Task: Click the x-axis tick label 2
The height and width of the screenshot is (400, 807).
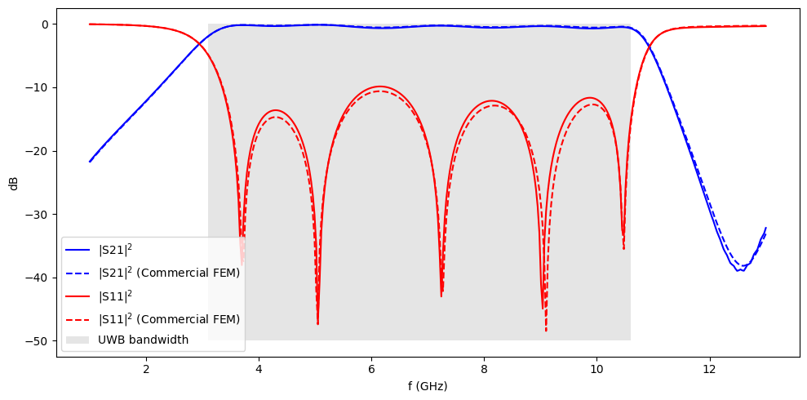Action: [x=146, y=368]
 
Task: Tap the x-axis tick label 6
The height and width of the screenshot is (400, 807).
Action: [x=371, y=368]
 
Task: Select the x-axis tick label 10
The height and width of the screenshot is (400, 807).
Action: [x=596, y=368]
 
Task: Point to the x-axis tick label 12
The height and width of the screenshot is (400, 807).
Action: [x=709, y=368]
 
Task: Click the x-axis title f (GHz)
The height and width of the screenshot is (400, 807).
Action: [x=428, y=385]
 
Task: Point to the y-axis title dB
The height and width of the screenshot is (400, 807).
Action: [x=14, y=183]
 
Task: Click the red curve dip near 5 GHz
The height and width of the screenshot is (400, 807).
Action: [x=317, y=323]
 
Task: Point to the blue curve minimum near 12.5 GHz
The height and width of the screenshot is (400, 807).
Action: [x=739, y=270]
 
